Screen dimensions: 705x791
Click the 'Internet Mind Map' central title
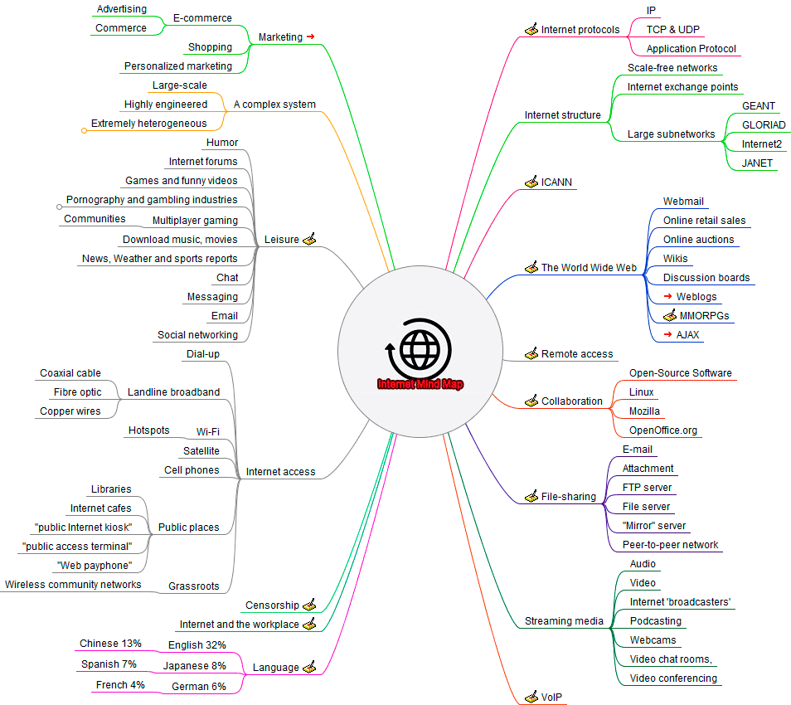pos(420,384)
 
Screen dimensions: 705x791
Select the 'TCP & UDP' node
pos(672,30)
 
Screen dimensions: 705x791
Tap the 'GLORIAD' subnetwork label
pos(764,125)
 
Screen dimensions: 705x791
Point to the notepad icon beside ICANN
pos(531,182)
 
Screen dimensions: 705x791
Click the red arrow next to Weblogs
pos(667,297)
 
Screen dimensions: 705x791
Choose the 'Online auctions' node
pos(698,240)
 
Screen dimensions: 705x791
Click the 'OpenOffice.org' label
pos(663,430)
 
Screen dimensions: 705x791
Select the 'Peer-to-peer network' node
pos(671,545)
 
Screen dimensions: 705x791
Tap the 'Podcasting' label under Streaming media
pos(655,621)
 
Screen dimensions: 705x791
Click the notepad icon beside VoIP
pos(531,698)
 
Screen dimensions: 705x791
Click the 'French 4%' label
pos(120,685)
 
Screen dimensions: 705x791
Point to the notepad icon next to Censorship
pos(309,605)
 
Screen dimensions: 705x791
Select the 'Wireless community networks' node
pos(73,585)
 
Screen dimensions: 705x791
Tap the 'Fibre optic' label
pos(78,392)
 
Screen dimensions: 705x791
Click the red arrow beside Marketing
pos(310,36)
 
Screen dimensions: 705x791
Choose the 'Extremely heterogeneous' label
pos(149,124)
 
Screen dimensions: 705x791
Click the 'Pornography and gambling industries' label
pos(152,200)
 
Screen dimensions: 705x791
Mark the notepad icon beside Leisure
pos(309,240)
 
